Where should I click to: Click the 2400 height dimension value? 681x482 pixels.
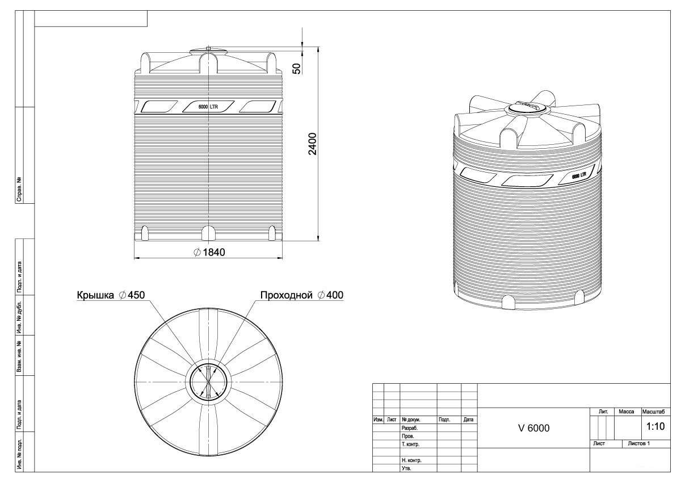(313, 144)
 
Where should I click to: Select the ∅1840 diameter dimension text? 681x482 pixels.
(209, 252)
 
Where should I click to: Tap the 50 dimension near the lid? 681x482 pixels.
(297, 69)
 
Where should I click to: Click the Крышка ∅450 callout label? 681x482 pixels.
(111, 295)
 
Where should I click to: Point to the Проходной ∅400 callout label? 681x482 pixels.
(302, 295)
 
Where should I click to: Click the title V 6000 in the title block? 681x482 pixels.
(534, 428)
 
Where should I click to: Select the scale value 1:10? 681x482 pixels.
(655, 426)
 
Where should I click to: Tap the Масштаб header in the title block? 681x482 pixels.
(654, 412)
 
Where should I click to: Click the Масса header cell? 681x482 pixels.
(627, 412)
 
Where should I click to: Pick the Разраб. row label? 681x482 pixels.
(410, 428)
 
